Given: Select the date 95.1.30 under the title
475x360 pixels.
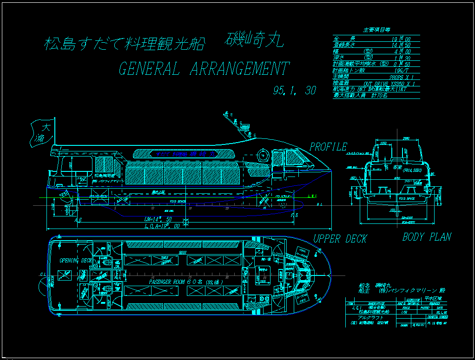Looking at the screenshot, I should pos(294,91).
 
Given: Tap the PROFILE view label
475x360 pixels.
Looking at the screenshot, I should pos(328,147).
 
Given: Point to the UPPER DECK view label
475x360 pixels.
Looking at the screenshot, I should pos(340,239).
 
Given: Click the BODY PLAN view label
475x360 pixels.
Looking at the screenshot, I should pos(426,237).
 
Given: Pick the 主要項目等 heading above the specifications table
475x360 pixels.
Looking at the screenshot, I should pos(376,30).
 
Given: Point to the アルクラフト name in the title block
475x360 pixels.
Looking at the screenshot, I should pos(363,317).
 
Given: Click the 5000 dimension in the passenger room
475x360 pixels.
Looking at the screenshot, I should pos(182,253).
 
